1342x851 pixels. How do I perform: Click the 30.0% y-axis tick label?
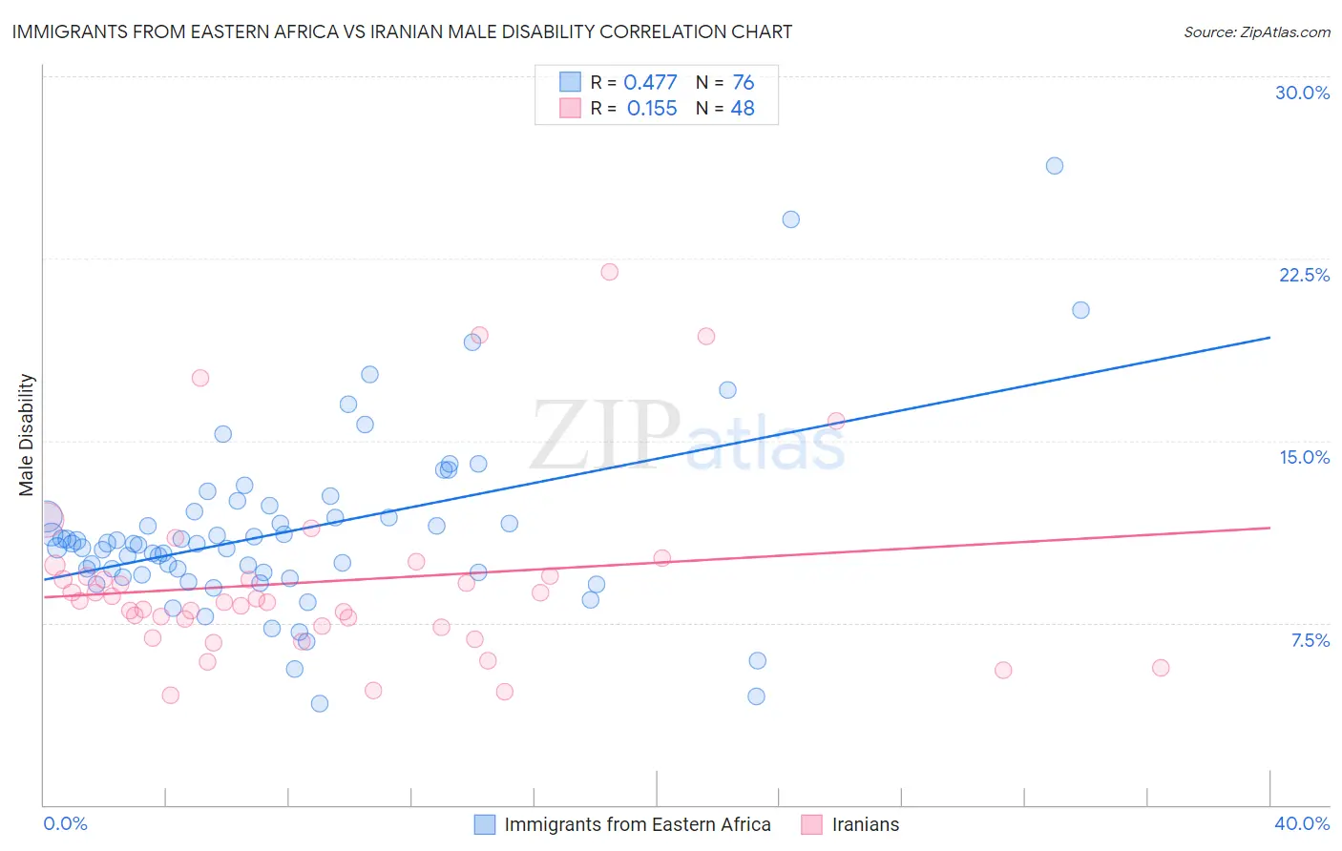(x=1302, y=93)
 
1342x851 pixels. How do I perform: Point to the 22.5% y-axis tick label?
(x=1304, y=275)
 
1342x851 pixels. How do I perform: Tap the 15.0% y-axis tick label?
(x=1304, y=457)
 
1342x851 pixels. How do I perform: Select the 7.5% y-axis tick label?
(x=1310, y=640)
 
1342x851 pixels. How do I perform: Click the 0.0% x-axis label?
(x=65, y=823)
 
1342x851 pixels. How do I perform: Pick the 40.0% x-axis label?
(x=1301, y=823)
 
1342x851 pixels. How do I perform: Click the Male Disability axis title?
(x=27, y=434)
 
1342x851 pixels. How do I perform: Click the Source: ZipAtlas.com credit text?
(x=1256, y=31)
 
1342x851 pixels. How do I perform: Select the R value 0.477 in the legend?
(x=650, y=83)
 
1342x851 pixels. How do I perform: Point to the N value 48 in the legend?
(x=742, y=109)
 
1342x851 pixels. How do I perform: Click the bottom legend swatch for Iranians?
(x=811, y=824)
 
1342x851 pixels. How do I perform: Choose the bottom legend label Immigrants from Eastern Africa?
(x=637, y=824)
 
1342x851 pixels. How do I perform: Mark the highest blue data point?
(x=1054, y=166)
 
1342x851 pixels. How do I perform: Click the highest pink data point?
(x=609, y=272)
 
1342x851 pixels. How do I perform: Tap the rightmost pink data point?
(x=1160, y=668)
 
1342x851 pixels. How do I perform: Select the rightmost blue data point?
(x=1080, y=310)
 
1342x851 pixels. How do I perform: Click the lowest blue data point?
(x=320, y=703)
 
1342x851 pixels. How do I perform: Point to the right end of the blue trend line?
(x=1269, y=338)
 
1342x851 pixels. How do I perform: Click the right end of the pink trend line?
(x=1269, y=528)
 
